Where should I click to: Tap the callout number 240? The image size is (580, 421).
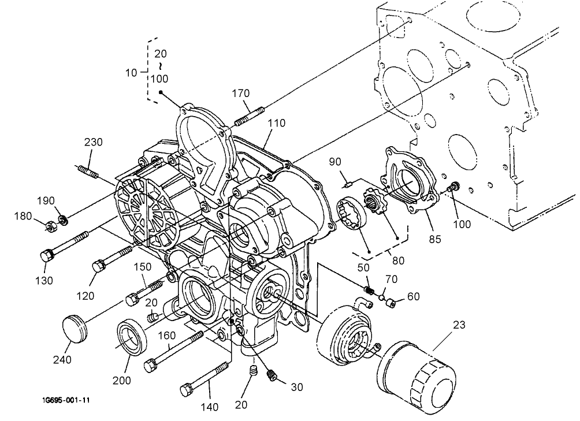click(x=62, y=360)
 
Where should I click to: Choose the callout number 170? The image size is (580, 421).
click(x=241, y=93)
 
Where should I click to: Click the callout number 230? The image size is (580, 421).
click(x=93, y=143)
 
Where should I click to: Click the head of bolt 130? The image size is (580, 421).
click(x=46, y=256)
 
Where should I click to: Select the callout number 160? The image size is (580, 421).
click(x=166, y=335)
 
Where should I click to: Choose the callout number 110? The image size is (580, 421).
click(x=277, y=123)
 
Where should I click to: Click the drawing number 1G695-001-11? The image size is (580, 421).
click(x=65, y=400)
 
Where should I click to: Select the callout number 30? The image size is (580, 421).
click(x=296, y=387)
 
